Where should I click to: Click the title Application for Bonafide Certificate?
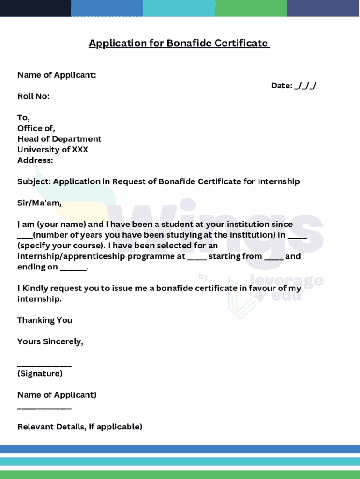coord(179,44)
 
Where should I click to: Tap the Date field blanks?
coord(305,86)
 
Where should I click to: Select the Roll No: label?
coord(33,96)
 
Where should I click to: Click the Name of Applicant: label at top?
coord(57,75)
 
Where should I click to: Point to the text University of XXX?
coord(53,150)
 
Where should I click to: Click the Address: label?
coord(35,160)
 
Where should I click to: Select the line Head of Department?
coord(59,139)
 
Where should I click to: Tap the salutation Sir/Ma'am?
coord(39,203)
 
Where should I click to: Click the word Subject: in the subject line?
coord(34,181)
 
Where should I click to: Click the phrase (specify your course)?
coord(61,246)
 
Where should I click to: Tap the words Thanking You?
coord(45,320)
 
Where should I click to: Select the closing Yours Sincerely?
coord(50,341)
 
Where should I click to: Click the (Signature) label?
coord(40,374)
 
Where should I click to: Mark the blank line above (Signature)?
coord(44,364)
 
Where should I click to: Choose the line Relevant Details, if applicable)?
coord(80,427)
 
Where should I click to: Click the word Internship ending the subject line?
coord(279,181)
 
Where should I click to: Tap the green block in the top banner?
coord(251,8)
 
